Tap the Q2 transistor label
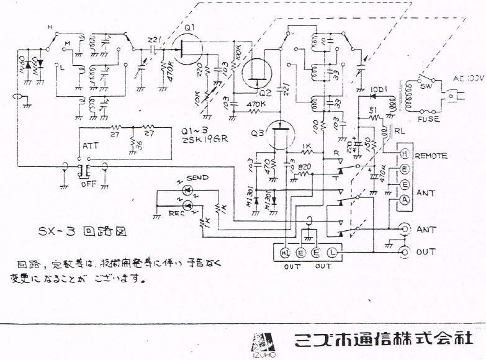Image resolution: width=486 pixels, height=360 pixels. tap(266, 92)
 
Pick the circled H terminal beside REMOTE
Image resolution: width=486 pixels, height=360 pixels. tap(405, 155)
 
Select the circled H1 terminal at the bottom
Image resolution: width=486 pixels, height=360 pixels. tap(286, 253)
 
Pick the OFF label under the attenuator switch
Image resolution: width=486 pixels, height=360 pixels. tap(89, 183)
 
